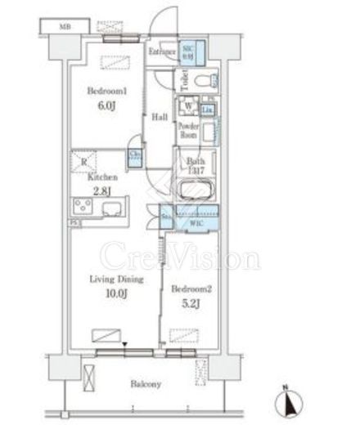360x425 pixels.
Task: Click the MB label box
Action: [63, 27]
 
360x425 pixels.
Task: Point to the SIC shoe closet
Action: [187, 51]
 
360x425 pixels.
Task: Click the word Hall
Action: [160, 117]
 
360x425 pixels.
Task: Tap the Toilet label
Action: [186, 80]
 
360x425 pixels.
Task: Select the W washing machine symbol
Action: [188, 105]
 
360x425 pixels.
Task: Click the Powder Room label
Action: [189, 131]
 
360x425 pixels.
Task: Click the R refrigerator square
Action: [84, 162]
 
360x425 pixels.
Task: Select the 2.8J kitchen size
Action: [101, 190]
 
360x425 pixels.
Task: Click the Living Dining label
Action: [116, 280]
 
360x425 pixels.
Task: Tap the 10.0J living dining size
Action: [116, 293]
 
